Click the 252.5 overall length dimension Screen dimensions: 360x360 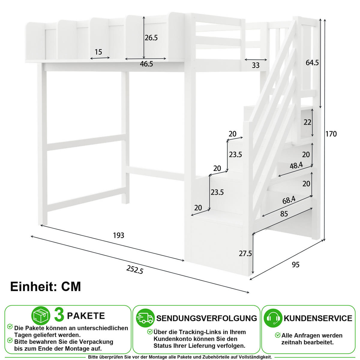135,270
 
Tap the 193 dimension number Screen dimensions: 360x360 118,235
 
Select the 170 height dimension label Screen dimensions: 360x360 331,134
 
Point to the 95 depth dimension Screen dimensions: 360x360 295,265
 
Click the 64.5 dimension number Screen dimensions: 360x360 312,63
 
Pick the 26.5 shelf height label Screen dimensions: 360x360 151,38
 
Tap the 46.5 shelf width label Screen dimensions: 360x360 146,64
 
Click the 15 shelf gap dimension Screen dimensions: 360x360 98,52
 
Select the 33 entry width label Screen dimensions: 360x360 256,65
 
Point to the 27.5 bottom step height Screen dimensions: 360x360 245,253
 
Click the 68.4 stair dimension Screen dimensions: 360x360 289,200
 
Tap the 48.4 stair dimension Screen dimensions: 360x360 296,166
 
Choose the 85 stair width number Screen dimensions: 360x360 284,214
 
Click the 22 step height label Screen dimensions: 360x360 307,122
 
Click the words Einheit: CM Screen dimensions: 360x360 46,287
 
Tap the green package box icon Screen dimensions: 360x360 41,316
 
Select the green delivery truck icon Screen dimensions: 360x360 145,318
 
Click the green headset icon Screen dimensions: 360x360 273,318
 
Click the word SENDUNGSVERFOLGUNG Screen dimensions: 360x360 207,318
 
